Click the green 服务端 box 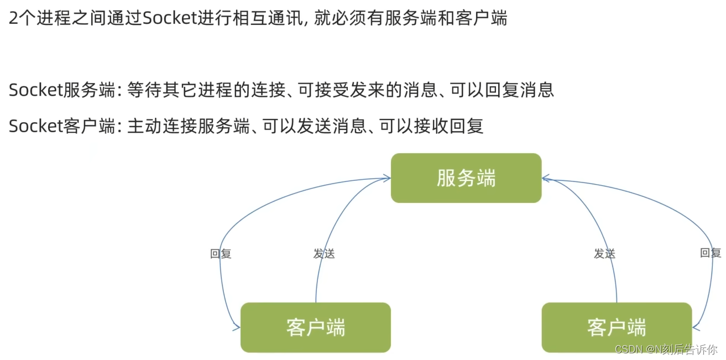[466, 178]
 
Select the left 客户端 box [316, 327]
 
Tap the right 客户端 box [617, 327]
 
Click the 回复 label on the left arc [221, 254]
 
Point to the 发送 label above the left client [324, 254]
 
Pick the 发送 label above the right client [604, 254]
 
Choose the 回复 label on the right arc [711, 253]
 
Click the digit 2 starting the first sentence [13, 19]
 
